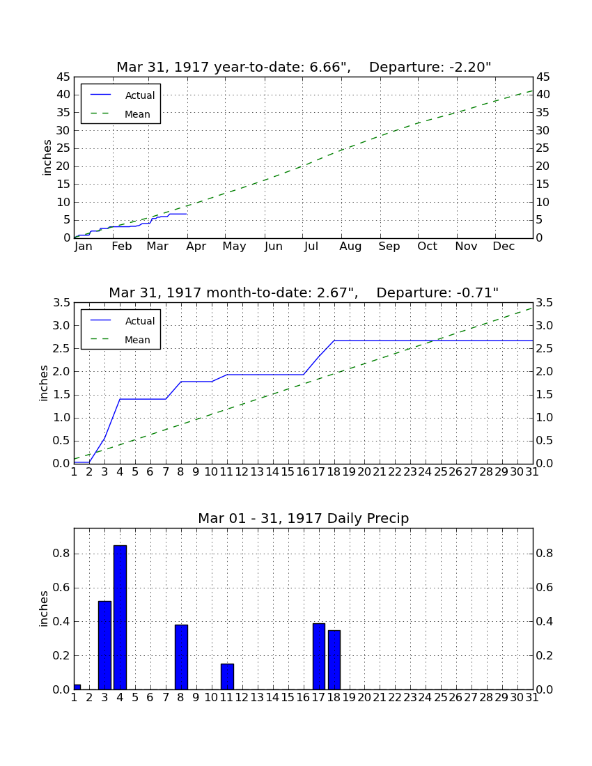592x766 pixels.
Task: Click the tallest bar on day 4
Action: click(x=120, y=618)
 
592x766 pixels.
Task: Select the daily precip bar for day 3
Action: click(x=104, y=646)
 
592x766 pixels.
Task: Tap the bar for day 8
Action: click(x=181, y=657)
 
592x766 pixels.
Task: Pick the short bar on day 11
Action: click(x=227, y=677)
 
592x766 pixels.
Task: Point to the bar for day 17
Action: click(x=318, y=657)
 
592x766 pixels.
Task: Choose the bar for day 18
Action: click(x=334, y=660)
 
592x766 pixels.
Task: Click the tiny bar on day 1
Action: click(x=77, y=687)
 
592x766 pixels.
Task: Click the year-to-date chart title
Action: click(x=304, y=67)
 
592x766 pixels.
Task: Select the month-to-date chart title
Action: click(x=304, y=292)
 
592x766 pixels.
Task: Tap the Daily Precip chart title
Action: click(x=304, y=518)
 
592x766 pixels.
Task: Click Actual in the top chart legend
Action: click(x=140, y=96)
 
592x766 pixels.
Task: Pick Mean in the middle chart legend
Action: click(x=137, y=340)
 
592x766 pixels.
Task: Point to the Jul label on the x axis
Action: click(x=311, y=247)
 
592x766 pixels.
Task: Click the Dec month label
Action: click(x=504, y=247)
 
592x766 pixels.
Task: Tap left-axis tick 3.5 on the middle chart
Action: click(x=61, y=303)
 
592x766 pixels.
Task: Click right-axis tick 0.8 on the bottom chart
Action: click(x=545, y=554)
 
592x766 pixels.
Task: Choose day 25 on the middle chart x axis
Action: click(x=441, y=472)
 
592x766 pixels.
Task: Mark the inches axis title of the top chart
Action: click(x=47, y=157)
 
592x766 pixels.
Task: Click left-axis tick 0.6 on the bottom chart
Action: click(x=61, y=588)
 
